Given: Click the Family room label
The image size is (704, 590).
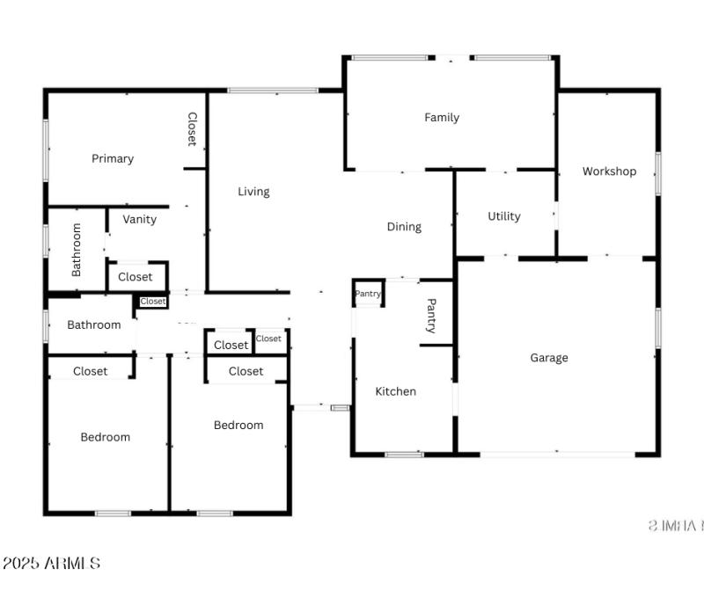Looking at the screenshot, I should [x=442, y=118].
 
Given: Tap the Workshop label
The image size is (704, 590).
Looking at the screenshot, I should [x=609, y=171].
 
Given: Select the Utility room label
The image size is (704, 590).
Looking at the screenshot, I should [x=504, y=216].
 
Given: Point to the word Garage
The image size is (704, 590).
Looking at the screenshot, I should [x=549, y=358].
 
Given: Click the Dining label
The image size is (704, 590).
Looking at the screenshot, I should [x=404, y=227].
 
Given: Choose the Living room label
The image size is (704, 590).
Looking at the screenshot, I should [x=253, y=192].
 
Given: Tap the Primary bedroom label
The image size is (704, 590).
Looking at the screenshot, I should [x=113, y=159].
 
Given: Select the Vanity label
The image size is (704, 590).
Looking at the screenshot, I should [x=140, y=220].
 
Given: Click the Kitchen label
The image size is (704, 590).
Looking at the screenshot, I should [x=396, y=391].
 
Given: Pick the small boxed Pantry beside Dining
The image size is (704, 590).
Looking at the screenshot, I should [x=368, y=294].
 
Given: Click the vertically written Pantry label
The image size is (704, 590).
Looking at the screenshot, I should [x=431, y=316].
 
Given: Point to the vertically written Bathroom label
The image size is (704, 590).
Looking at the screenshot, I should [x=77, y=250].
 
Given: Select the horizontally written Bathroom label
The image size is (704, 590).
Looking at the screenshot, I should [x=94, y=325].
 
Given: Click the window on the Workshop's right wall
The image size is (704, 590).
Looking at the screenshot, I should [x=657, y=172].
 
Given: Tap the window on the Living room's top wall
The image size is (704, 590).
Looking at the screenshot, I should [x=273, y=90].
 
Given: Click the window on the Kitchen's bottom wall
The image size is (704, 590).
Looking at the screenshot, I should [x=404, y=455].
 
